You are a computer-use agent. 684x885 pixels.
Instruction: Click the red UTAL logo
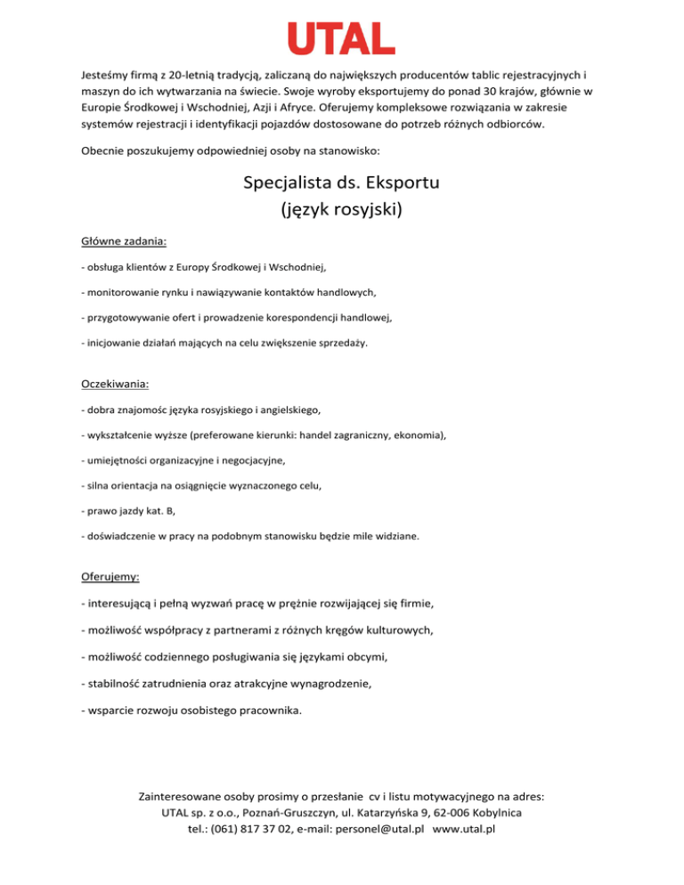click(x=342, y=38)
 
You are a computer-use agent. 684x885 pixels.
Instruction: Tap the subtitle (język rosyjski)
click(x=342, y=211)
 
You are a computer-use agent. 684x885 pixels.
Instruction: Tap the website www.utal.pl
click(x=463, y=829)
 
